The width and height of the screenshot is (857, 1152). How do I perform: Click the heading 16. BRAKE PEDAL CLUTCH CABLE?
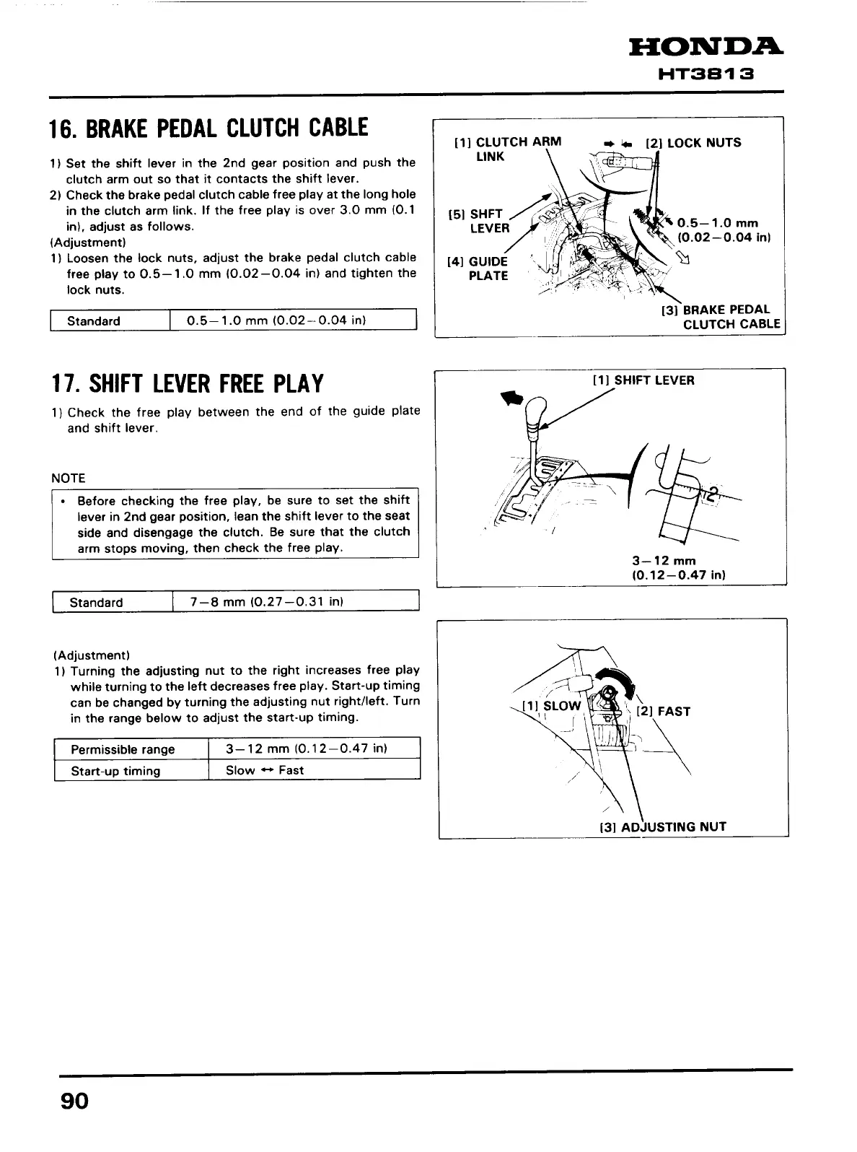coord(208,129)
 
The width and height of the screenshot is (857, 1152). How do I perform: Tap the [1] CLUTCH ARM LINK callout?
coord(507,149)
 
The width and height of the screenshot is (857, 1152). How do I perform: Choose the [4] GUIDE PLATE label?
coord(478,269)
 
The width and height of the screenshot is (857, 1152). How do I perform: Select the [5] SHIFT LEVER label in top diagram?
coord(479,221)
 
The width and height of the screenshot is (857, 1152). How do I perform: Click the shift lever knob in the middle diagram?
coord(538,414)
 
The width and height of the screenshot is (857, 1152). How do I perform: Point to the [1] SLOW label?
coord(552,705)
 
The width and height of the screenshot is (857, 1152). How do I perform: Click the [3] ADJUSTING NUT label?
coord(663,827)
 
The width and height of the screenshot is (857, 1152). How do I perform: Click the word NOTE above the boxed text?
coord(69,478)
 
